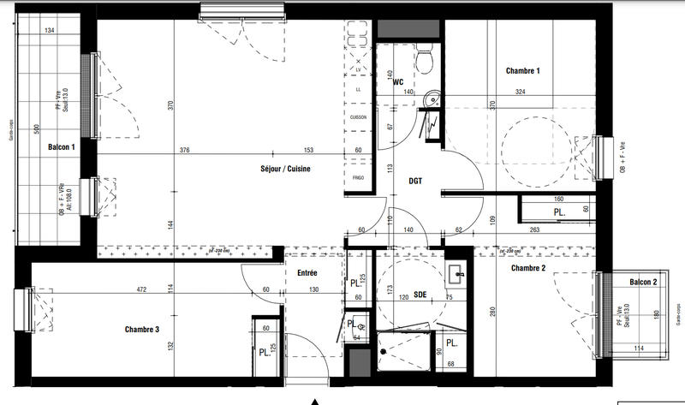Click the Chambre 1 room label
point(523,71)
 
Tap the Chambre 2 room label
point(528,269)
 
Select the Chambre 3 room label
point(142,329)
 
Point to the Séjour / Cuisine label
point(286,169)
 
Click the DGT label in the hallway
point(415,181)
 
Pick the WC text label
point(398,82)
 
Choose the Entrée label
point(307,273)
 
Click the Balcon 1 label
point(62,146)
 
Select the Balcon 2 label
point(643,283)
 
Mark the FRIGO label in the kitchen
point(358,177)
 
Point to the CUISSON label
point(358,117)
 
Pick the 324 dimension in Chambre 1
point(521,92)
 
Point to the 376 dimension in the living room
point(184,151)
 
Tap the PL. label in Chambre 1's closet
point(558,211)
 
